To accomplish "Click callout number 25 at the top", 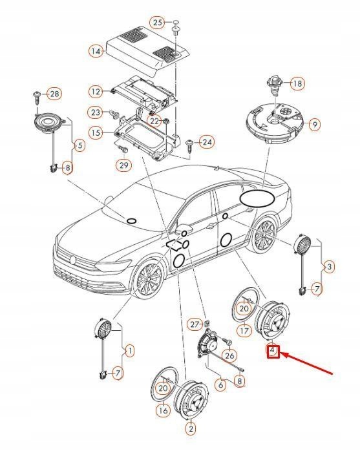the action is coord(158,22).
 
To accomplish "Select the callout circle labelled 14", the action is coord(96,52).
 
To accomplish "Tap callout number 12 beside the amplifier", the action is coord(96,92).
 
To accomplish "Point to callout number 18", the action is coord(297,83).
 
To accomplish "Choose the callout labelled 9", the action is coord(315,125).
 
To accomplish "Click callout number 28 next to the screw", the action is coord(54,94).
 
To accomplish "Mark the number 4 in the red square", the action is coord(273,351).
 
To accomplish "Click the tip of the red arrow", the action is coord(281,354).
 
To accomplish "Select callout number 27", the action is coord(195,324).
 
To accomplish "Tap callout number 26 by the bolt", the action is coord(229,355).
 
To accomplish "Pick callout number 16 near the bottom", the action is coord(163,410).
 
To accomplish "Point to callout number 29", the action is coord(123,165).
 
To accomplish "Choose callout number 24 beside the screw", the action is coord(207,142).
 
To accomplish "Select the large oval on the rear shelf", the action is coord(257,198).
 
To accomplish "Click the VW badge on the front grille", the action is coord(73,260).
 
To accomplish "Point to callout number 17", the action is coord(244,331).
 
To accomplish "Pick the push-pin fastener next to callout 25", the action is coord(175,28).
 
